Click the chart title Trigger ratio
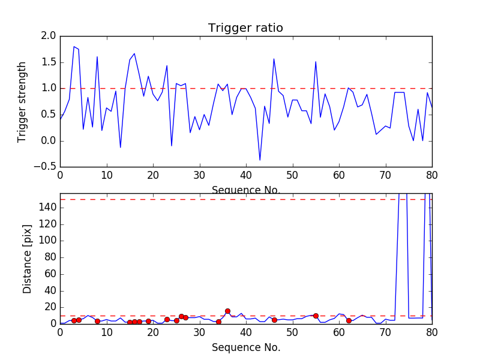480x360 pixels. coord(245,28)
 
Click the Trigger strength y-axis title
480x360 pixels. coord(22,101)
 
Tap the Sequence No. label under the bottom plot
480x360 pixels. coord(245,347)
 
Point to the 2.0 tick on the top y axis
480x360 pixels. coord(49,36)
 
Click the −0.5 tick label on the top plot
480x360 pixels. coord(46,167)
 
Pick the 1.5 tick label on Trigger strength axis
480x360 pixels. coord(49,62)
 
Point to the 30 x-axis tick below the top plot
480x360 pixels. coord(199,176)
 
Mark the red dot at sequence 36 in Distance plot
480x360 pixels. coord(227,311)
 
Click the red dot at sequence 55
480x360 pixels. coord(316,316)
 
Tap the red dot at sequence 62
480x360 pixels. coord(349,320)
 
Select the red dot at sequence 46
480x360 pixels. coord(274,320)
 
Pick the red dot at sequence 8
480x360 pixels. coord(97,321)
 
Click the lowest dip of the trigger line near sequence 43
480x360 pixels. coord(260,160)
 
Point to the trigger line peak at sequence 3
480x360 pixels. coord(74,47)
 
